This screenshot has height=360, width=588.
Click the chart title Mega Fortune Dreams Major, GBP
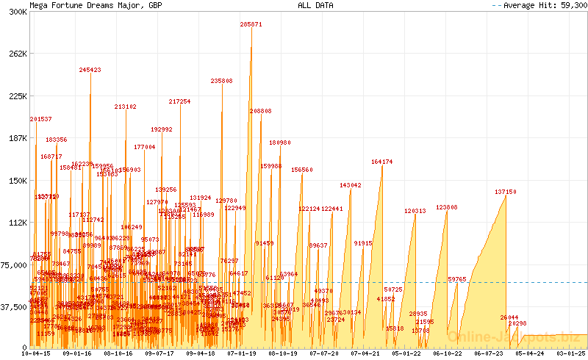pyautogui.click(x=96, y=5)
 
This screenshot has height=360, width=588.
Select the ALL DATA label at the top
pyautogui.click(x=315, y=5)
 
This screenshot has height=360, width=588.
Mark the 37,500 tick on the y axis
pyautogui.click(x=14, y=308)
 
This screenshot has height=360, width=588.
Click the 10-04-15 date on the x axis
pyautogui.click(x=36, y=353)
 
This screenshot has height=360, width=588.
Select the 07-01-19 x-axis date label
pyautogui.click(x=242, y=353)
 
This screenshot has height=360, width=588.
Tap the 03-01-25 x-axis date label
pyautogui.click(x=571, y=353)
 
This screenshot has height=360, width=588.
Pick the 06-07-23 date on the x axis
pyautogui.click(x=489, y=353)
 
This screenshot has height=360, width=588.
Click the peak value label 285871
pyautogui.click(x=251, y=24)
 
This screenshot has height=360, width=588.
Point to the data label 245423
pyautogui.click(x=90, y=70)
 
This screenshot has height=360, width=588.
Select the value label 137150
pyautogui.click(x=506, y=192)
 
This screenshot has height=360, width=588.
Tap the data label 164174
pyautogui.click(x=382, y=162)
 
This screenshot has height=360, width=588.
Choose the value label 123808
pyautogui.click(x=447, y=207)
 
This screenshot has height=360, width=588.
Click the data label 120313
pyautogui.click(x=415, y=211)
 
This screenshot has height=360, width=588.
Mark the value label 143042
pyautogui.click(x=351, y=185)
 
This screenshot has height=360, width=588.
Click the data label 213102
pyautogui.click(x=126, y=107)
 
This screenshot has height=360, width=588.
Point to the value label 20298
pyautogui.click(x=517, y=323)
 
